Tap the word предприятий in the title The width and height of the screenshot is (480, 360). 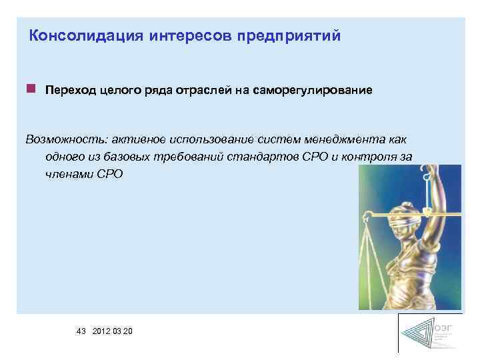[x=288, y=35]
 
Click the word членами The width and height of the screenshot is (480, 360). [x=70, y=174]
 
